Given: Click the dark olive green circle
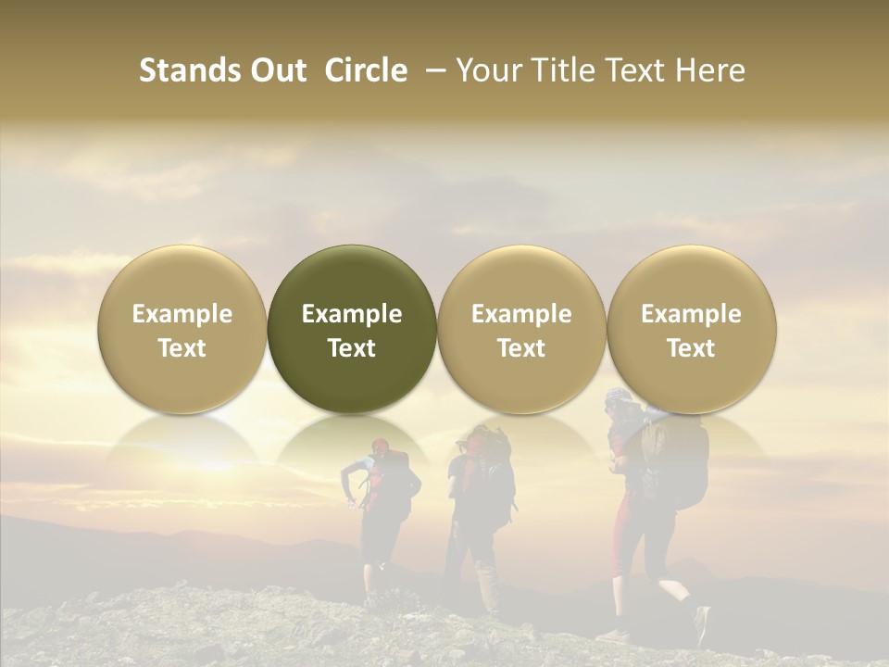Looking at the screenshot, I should (352, 329).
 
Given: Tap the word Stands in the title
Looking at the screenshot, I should (189, 70).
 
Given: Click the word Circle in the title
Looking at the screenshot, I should (366, 70).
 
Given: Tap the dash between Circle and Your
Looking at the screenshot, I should (433, 71).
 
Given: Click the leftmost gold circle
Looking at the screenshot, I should (182, 329).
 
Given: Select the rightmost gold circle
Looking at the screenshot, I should (691, 329).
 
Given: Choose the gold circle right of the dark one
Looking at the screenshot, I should (521, 329).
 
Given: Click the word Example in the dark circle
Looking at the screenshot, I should (352, 314).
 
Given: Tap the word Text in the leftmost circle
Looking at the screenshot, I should (182, 348).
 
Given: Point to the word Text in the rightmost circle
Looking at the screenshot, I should (691, 348).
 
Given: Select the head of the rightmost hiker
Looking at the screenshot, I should (619, 404).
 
